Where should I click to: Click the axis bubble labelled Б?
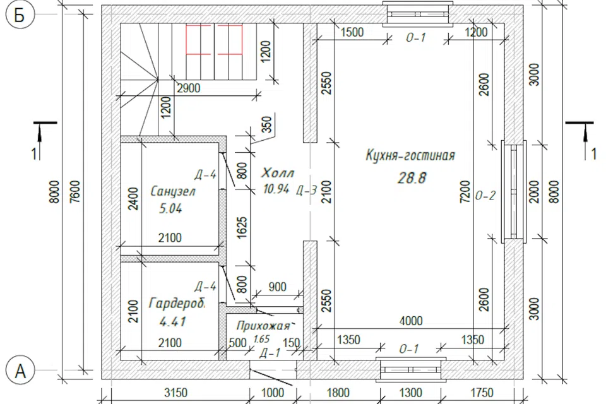20,15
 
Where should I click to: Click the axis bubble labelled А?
20,371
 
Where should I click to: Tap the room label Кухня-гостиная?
410,156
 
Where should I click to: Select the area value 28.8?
412,178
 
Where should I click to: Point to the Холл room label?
278,172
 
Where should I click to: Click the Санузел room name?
173,191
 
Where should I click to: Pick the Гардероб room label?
177,304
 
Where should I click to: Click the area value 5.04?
170,209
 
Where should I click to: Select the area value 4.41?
173,321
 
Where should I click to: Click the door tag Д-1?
270,353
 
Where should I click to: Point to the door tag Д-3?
307,190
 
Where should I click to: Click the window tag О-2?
485,196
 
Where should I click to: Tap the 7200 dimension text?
465,191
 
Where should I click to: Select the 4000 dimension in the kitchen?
411,321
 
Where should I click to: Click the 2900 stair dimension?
189,88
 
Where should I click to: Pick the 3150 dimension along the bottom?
176,393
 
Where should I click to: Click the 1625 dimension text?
242,227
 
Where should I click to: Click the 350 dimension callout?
266,124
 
